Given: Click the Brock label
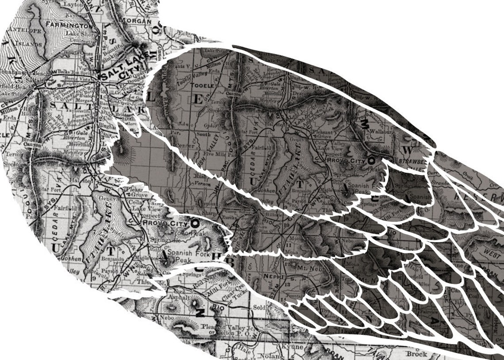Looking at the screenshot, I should point(416,353).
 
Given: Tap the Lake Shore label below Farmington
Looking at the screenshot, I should point(79,33).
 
